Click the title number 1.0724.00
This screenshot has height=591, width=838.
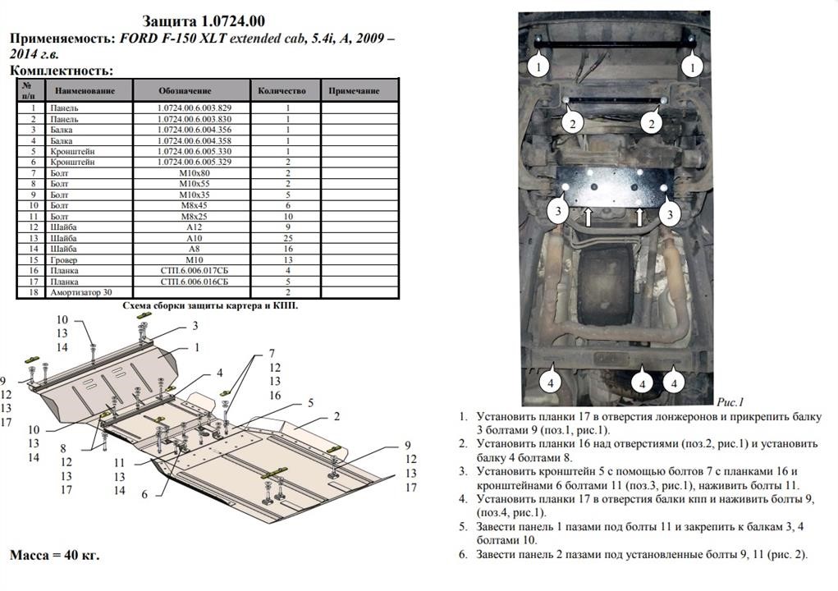coord(233,21)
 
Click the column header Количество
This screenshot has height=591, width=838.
coord(282,91)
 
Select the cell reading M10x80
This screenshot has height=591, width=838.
coord(194,173)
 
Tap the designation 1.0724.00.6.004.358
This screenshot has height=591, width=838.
coord(194,140)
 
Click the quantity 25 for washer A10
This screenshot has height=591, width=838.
coord(288,238)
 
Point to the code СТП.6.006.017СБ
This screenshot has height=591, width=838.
coord(194,271)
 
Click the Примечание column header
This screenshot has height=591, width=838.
coord(354,91)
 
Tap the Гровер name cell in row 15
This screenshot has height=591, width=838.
coord(63,260)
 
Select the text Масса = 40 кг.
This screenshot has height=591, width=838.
coord(54,555)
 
